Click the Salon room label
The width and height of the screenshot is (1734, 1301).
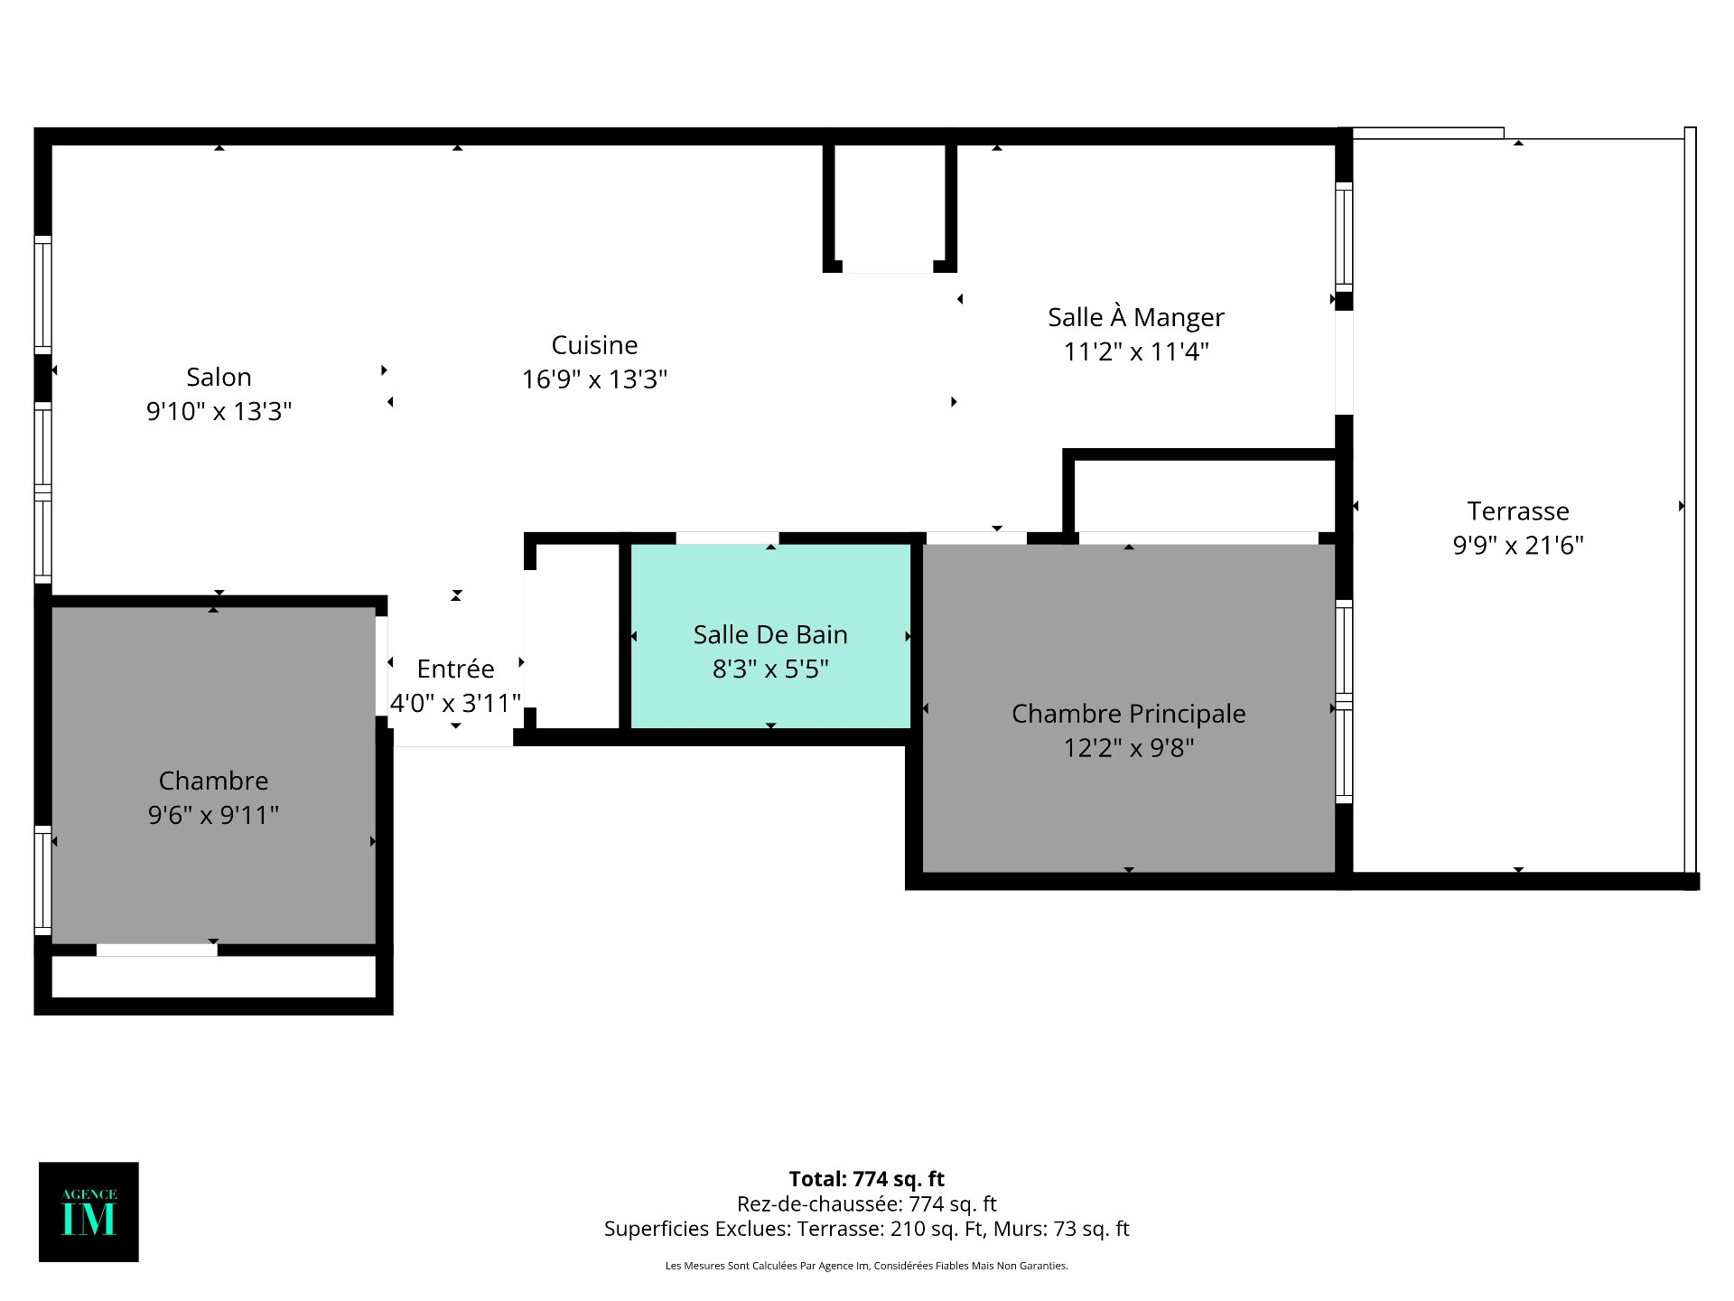click(219, 377)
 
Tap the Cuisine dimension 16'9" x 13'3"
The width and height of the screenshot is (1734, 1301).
click(594, 379)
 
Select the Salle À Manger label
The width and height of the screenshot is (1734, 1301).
click(1136, 316)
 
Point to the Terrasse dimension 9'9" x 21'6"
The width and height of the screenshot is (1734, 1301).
click(1518, 545)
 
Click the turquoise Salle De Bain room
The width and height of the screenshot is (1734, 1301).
click(770, 636)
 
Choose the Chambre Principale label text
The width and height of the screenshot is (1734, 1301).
click(1128, 714)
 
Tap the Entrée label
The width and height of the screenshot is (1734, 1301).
click(455, 669)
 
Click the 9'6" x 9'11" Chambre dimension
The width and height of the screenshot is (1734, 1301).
click(213, 815)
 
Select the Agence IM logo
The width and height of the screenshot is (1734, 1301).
click(89, 1212)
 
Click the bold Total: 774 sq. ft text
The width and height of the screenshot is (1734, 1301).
click(867, 1179)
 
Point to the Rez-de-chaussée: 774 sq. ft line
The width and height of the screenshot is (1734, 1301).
click(867, 1203)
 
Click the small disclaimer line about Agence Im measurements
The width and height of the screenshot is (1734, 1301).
click(867, 1266)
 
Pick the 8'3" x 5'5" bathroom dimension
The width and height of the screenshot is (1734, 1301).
click(770, 669)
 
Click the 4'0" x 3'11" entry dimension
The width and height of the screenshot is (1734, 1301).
click(455, 703)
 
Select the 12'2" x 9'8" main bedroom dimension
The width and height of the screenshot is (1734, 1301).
click(1128, 748)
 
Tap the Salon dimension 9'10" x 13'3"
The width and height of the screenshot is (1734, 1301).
click(219, 411)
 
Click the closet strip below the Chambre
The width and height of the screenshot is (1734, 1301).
click(213, 977)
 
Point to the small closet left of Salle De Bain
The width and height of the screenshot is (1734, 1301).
click(577, 636)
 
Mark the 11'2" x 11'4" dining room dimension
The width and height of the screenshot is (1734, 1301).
click(1136, 351)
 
